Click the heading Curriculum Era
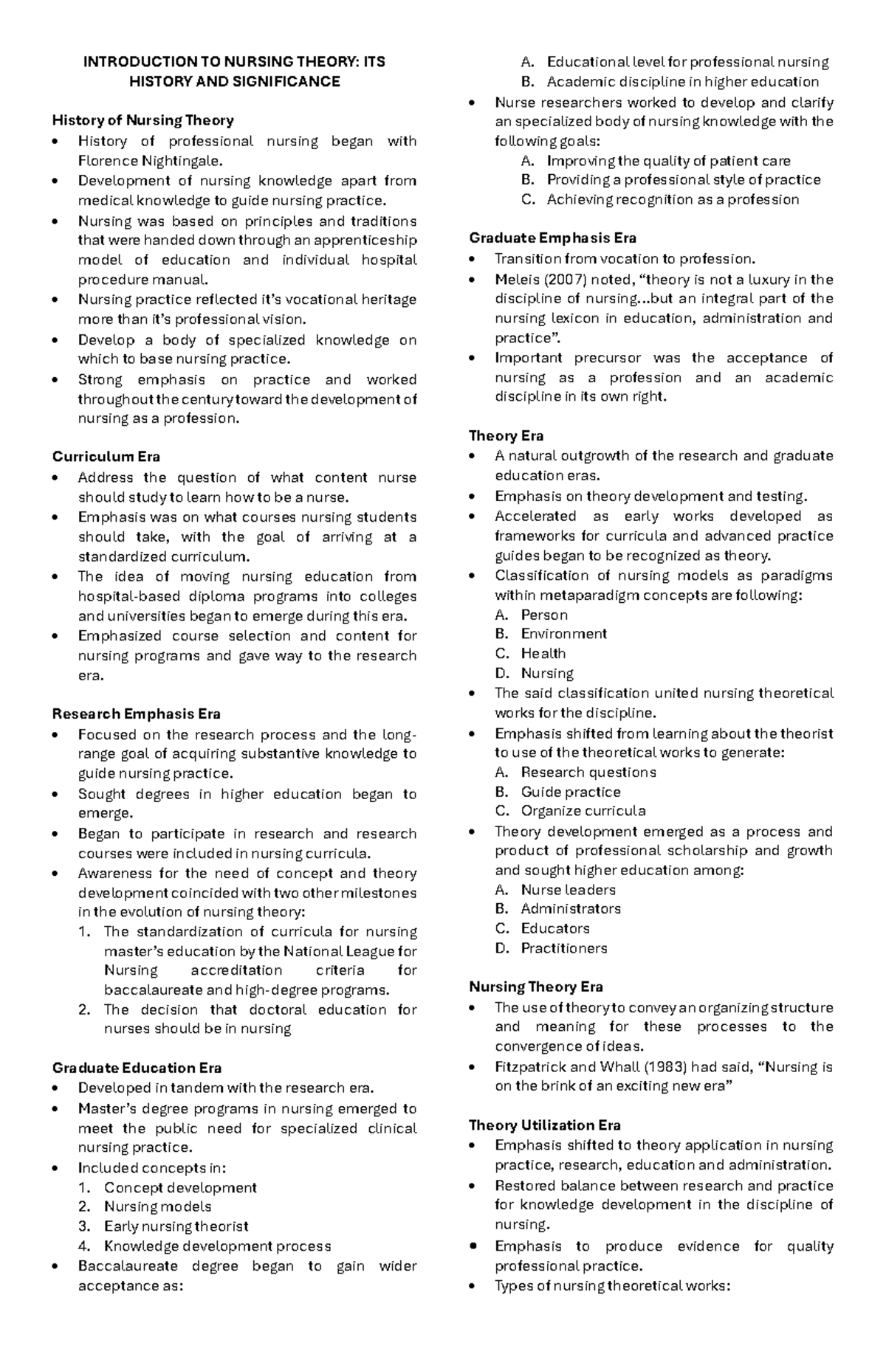click(106, 457)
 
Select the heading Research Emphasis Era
click(136, 714)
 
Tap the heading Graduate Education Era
click(137, 1068)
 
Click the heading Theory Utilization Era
click(544, 1125)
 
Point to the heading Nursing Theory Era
click(536, 987)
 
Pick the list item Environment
click(563, 634)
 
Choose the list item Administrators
click(570, 909)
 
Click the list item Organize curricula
click(583, 811)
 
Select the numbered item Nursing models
click(157, 1206)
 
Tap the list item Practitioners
click(564, 948)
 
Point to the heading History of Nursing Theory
click(142, 120)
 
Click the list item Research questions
click(588, 773)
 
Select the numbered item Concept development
click(180, 1187)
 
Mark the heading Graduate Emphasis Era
click(552, 238)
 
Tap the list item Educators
click(554, 929)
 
